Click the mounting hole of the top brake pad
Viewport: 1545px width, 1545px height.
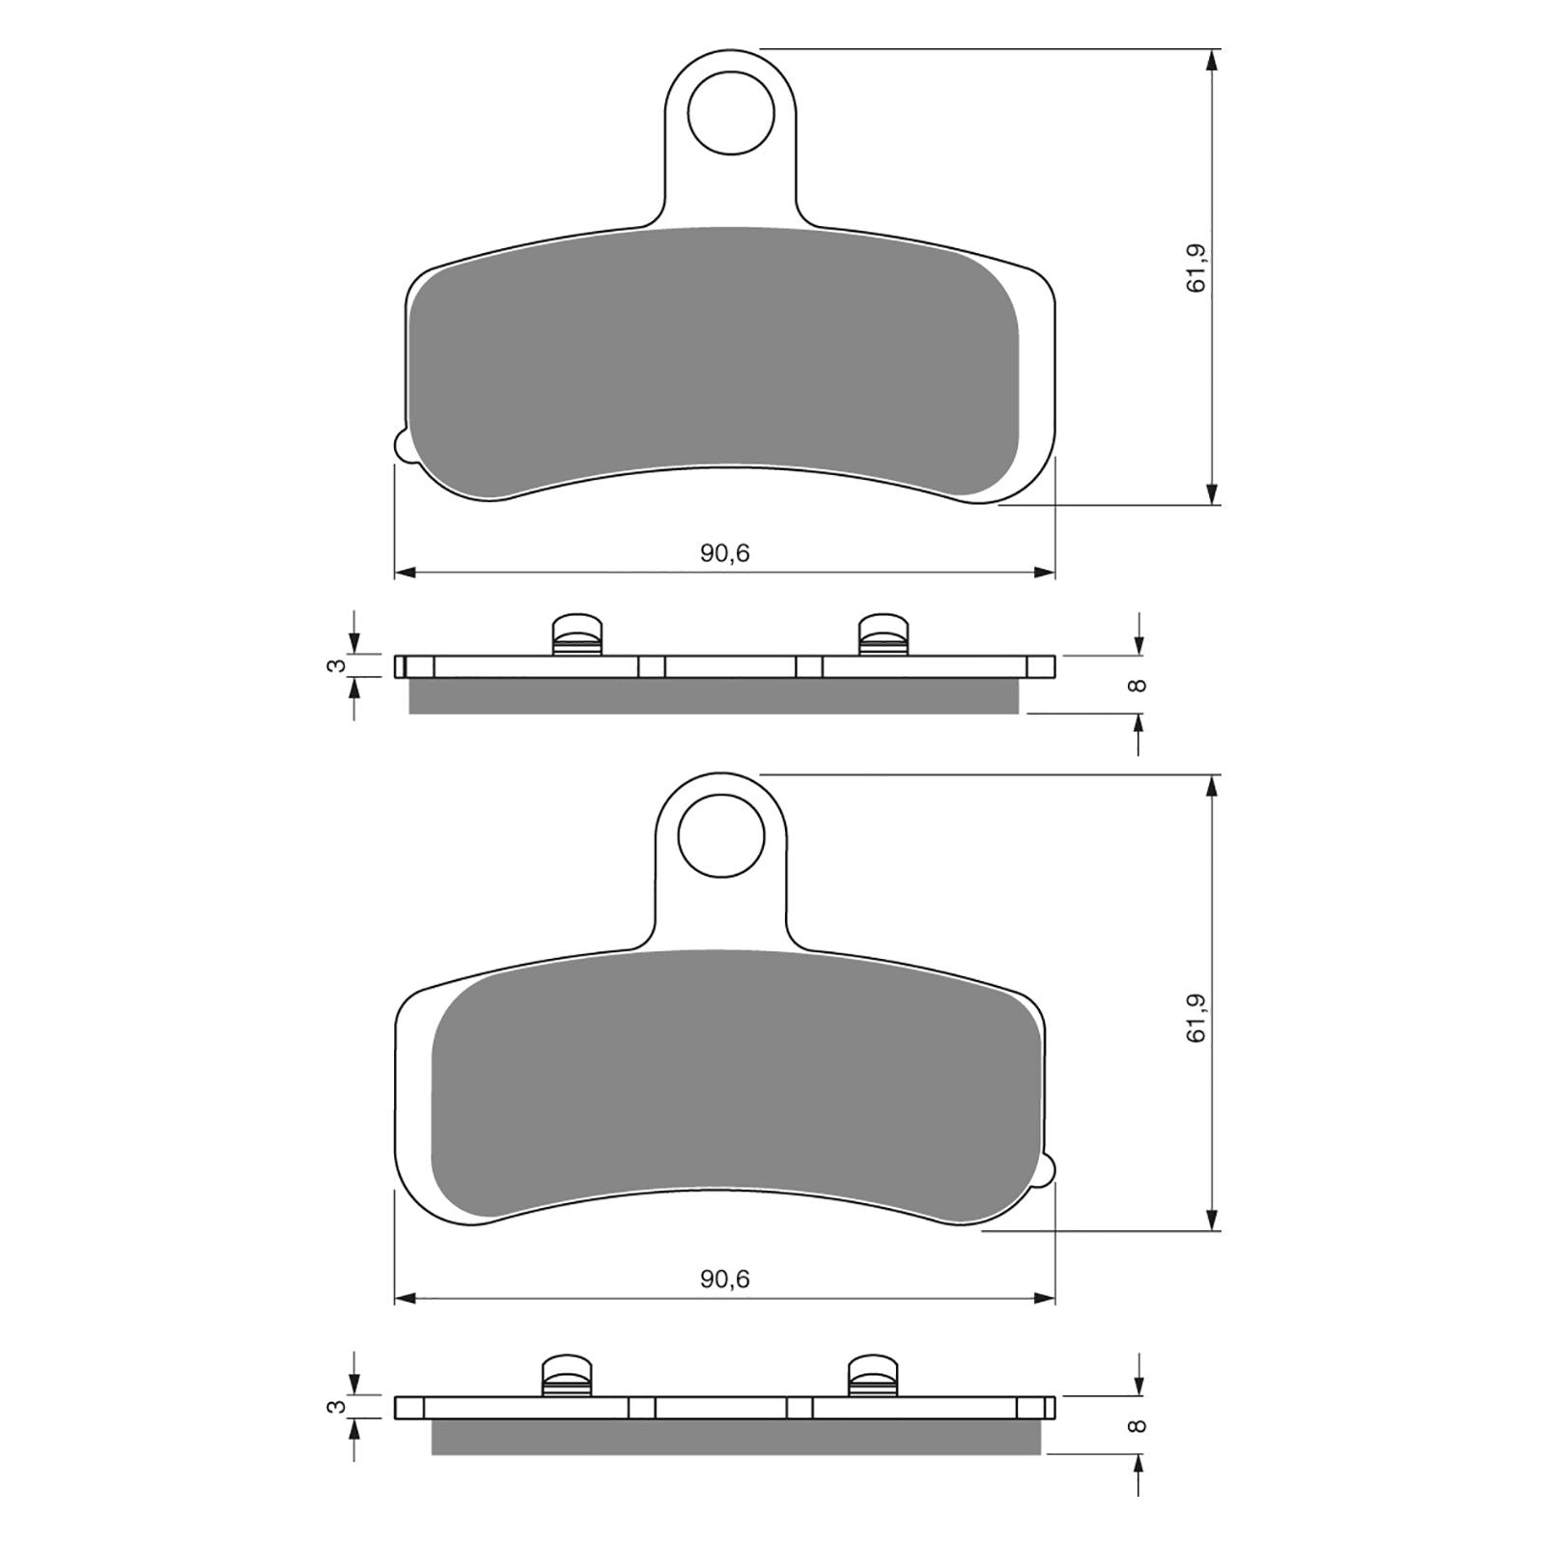coord(731,114)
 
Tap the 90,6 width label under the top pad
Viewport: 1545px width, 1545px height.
coord(724,553)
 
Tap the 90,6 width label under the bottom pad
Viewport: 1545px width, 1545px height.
coord(724,1279)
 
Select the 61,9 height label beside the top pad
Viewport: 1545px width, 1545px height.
coord(1197,268)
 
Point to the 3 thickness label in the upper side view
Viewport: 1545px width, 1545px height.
coord(334,666)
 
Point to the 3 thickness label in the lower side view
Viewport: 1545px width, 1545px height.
coord(334,1407)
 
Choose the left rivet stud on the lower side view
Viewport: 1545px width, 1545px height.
coord(566,1375)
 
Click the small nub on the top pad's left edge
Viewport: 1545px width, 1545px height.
coord(403,445)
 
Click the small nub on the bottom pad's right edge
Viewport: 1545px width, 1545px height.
coord(1049,1167)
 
